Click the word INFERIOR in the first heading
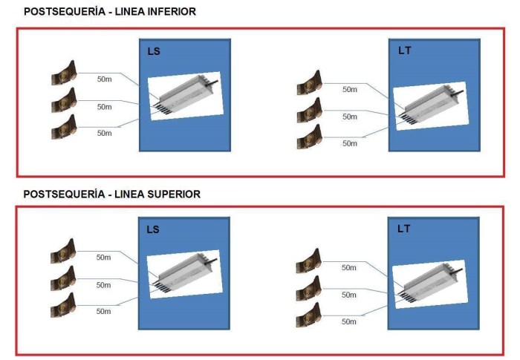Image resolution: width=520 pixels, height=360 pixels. coord(172,12)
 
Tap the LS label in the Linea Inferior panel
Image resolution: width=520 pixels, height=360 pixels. coord(154,51)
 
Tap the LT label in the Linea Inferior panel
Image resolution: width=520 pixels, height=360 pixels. coord(404,51)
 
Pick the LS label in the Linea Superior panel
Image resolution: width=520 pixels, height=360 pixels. coord(153,229)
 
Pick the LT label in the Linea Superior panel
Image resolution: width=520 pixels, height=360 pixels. coord(403,229)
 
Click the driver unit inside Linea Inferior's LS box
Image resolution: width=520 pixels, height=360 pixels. coord(185,96)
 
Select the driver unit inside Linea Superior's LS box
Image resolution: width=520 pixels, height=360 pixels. coord(185,274)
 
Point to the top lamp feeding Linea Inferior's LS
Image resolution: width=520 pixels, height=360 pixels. coord(65,73)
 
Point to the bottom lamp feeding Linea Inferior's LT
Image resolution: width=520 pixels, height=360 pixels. coord(309,135)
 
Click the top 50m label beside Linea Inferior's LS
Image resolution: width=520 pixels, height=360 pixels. coord(105,78)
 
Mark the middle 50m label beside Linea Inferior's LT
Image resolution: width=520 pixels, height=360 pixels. coord(350,117)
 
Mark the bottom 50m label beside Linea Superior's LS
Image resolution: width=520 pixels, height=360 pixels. coord(104,312)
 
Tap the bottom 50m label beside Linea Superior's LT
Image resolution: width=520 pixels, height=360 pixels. coord(349,321)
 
